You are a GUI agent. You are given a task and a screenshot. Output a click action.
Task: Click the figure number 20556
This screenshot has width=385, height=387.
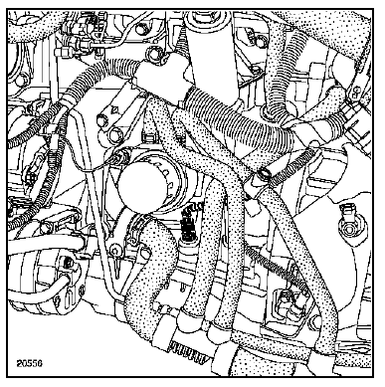coord(30,363)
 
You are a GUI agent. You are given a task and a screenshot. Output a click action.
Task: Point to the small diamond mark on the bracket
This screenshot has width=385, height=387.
coord(115,109)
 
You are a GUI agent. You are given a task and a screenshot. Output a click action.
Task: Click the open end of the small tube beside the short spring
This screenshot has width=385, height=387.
coord(265,173)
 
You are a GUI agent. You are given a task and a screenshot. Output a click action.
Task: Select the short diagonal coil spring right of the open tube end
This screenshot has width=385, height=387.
coord(292,165)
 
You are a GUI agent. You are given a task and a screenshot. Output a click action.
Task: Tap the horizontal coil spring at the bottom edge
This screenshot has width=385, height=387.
coord(188,352)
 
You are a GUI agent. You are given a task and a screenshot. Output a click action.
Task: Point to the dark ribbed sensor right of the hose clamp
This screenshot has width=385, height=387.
coord(189,226)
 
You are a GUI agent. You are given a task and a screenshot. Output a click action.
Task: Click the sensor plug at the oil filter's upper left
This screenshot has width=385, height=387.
coord(120,156)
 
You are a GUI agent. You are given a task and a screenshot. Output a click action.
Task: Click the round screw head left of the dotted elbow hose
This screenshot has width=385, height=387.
coord(115,249)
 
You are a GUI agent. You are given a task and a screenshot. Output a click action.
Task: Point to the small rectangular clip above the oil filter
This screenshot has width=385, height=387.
coord(148,136)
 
